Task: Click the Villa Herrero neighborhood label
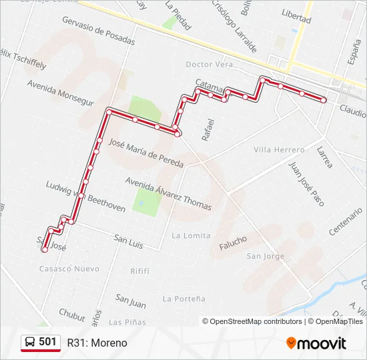[279, 150]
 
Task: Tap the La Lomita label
[191, 235]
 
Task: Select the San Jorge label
[265, 256]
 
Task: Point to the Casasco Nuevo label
[69, 269]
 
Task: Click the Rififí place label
[139, 271]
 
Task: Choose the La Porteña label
[184, 299]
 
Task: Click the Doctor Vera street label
[210, 65]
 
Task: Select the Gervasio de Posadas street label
[98, 31]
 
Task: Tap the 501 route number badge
[41, 343]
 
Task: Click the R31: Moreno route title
[97, 343]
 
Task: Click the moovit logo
[316, 343]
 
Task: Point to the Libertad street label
[296, 16]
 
